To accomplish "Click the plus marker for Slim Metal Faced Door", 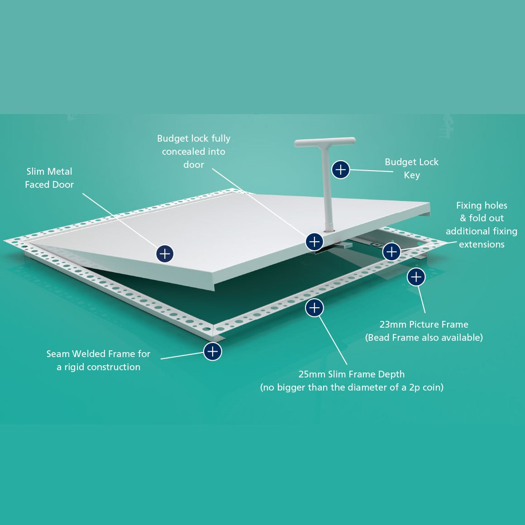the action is coord(165,254).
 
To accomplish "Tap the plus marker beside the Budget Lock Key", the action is coord(340,169).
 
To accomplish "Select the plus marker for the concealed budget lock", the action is coord(315,242).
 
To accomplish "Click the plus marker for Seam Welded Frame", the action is coord(213,352).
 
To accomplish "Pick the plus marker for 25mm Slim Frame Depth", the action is coord(315,308).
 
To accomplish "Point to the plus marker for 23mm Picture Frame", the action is coord(416,277).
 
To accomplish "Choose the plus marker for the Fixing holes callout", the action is coord(391,252).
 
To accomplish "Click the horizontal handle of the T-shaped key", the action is coord(325,142).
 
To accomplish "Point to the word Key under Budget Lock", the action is coord(412,176).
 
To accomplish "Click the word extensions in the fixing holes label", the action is coord(482,245).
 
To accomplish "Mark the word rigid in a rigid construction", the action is coord(74,367).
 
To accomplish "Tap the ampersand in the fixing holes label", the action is coord(463,218).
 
